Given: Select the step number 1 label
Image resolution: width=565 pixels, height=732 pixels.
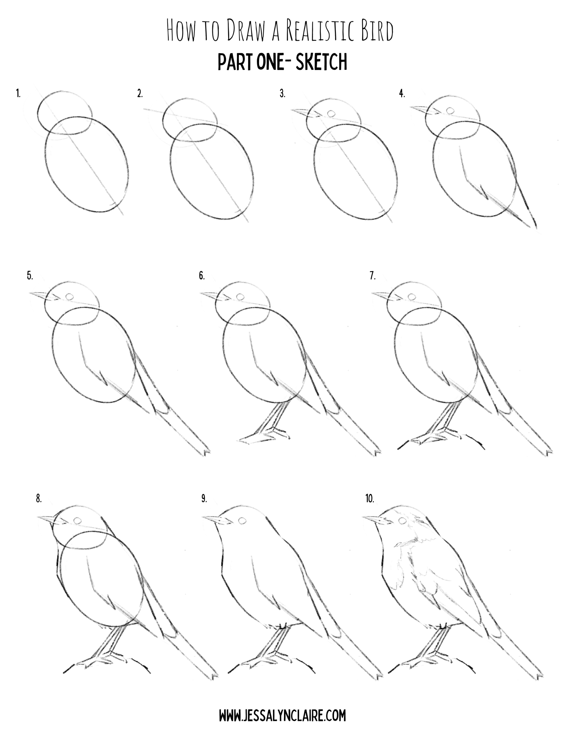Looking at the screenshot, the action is [18, 94].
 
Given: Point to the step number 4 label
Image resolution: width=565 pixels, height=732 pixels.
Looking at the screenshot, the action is [402, 94].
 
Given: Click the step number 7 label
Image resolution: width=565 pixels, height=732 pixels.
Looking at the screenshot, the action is [373, 276].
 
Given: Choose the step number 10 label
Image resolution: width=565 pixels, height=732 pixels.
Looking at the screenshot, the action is [370, 499].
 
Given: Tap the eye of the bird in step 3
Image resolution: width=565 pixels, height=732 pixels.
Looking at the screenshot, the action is [331, 114].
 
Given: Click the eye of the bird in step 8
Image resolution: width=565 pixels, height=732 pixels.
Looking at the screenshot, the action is [78, 520].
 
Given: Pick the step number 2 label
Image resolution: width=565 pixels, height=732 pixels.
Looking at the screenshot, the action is [140, 94].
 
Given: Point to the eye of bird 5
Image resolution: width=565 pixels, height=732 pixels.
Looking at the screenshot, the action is [70, 296].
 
